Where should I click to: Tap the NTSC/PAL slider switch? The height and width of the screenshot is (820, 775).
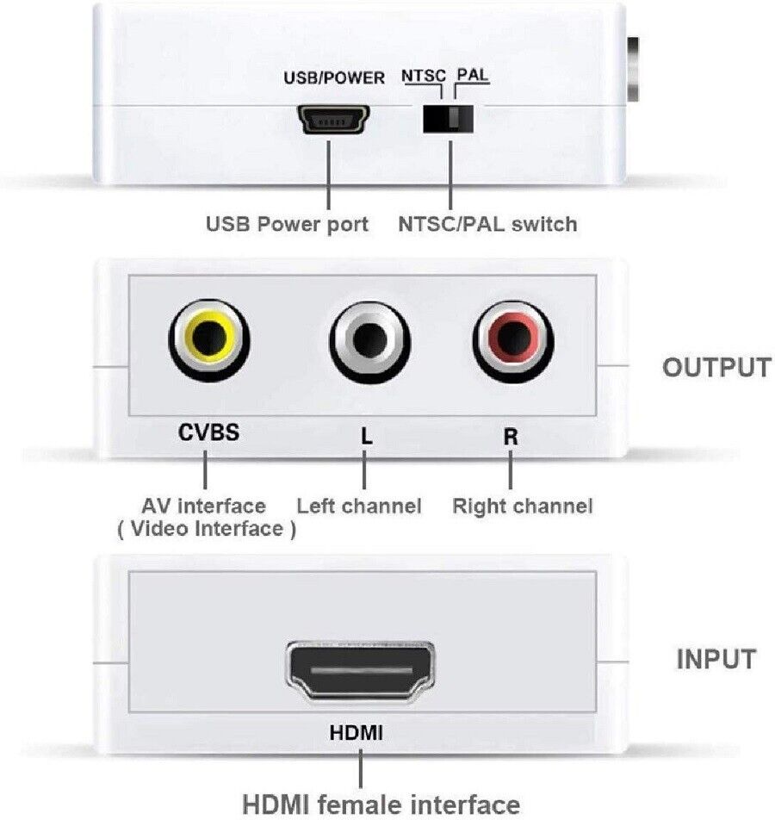pos(449,118)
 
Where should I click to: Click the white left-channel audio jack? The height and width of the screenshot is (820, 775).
pos(368,341)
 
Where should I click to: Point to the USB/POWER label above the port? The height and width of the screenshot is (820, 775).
pos(334,78)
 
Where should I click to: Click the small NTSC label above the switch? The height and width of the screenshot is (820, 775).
pos(424,76)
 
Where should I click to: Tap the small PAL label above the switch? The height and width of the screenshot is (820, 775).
pos(473,76)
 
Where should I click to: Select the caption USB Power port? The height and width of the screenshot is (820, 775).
pos(287,225)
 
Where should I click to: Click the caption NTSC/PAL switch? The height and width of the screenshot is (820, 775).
pos(487,225)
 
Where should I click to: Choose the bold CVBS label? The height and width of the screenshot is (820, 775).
pos(208,432)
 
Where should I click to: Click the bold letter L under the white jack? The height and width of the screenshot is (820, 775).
pos(367,436)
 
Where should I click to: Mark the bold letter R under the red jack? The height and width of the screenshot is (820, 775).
pos(511,436)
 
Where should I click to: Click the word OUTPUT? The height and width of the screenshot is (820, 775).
pos(716,367)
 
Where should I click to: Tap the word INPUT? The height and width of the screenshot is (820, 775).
pos(716,660)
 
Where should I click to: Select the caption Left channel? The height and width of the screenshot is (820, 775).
pos(359,506)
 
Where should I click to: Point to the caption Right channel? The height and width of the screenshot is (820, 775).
pos(523,506)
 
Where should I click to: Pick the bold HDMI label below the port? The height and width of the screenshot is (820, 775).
pos(356,734)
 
